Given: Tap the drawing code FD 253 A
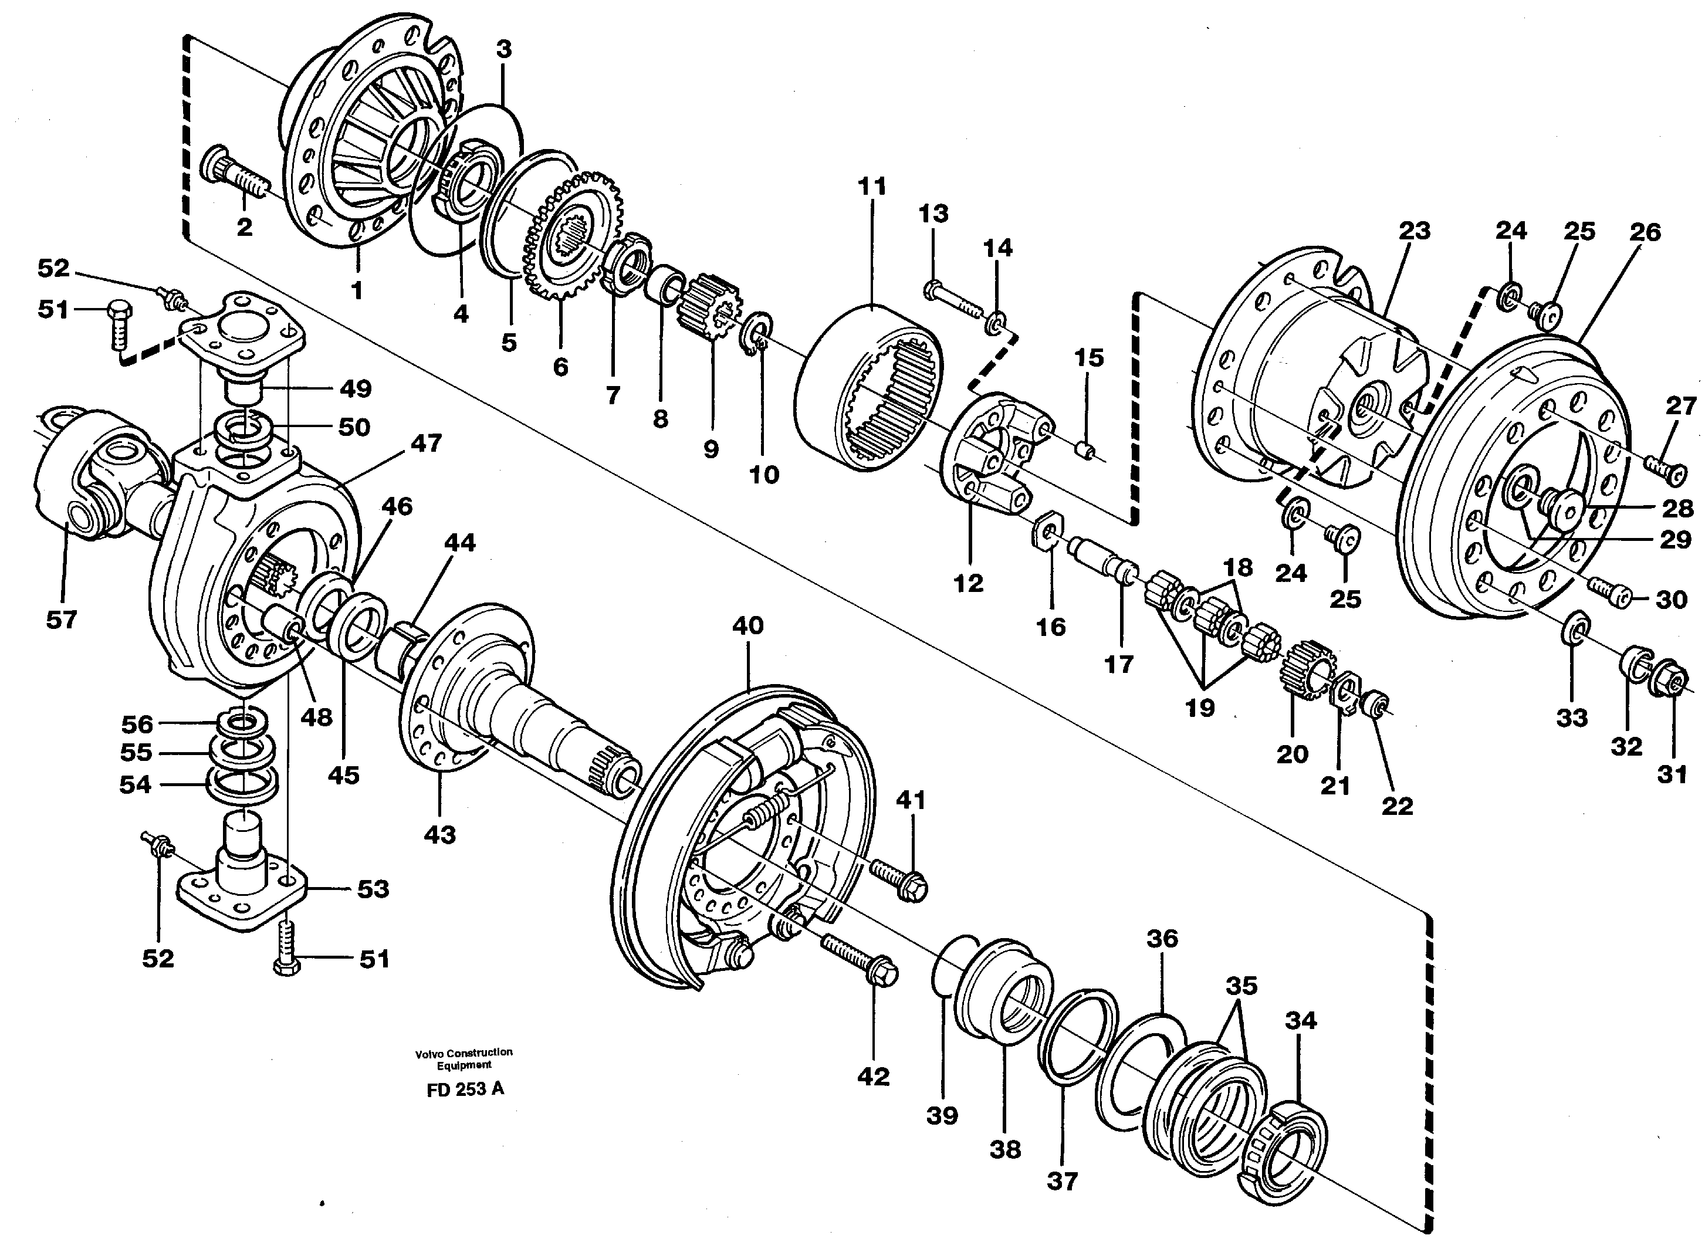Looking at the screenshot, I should (x=465, y=1089).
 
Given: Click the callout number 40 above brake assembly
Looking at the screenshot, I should (x=747, y=625).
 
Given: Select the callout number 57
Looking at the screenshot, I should (x=61, y=620).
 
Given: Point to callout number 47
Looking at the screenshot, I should (x=425, y=444).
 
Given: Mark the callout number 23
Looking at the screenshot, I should (x=1413, y=231).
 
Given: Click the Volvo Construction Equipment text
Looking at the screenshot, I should (x=464, y=1058).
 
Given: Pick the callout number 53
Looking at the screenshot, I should (x=373, y=889).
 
